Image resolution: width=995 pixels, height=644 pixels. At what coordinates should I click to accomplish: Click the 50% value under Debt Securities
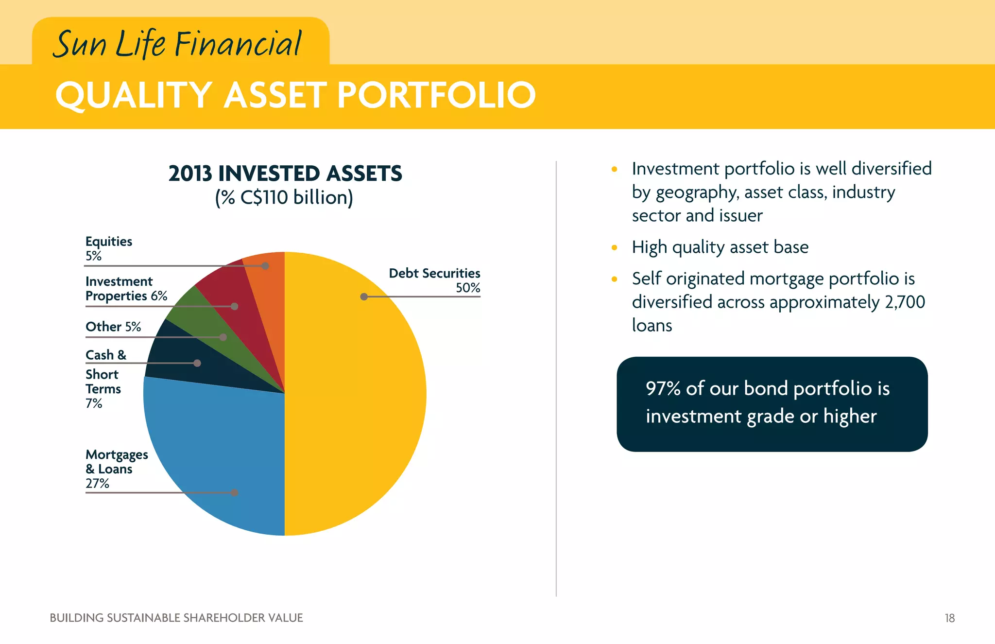point(467,288)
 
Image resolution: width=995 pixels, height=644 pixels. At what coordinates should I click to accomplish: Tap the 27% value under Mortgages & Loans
point(97,483)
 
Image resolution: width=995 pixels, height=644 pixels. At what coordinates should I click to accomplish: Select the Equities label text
point(108,242)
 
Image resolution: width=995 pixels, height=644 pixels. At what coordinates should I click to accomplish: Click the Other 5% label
point(113,327)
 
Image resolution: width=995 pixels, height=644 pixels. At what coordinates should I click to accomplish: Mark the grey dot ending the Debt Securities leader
point(364,296)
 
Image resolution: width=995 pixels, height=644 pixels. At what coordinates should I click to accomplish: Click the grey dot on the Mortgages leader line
point(235,492)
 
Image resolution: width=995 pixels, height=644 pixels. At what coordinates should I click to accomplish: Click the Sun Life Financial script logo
point(177,44)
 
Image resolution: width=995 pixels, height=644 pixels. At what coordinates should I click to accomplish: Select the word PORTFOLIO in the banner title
point(436,95)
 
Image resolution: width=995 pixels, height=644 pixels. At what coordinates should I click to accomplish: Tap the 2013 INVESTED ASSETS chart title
point(285,174)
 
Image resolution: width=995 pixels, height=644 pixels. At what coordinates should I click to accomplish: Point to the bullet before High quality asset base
point(614,247)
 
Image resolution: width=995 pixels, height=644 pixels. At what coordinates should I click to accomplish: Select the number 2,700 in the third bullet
point(905,302)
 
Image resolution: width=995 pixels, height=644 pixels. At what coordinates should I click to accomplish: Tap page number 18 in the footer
point(949,618)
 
